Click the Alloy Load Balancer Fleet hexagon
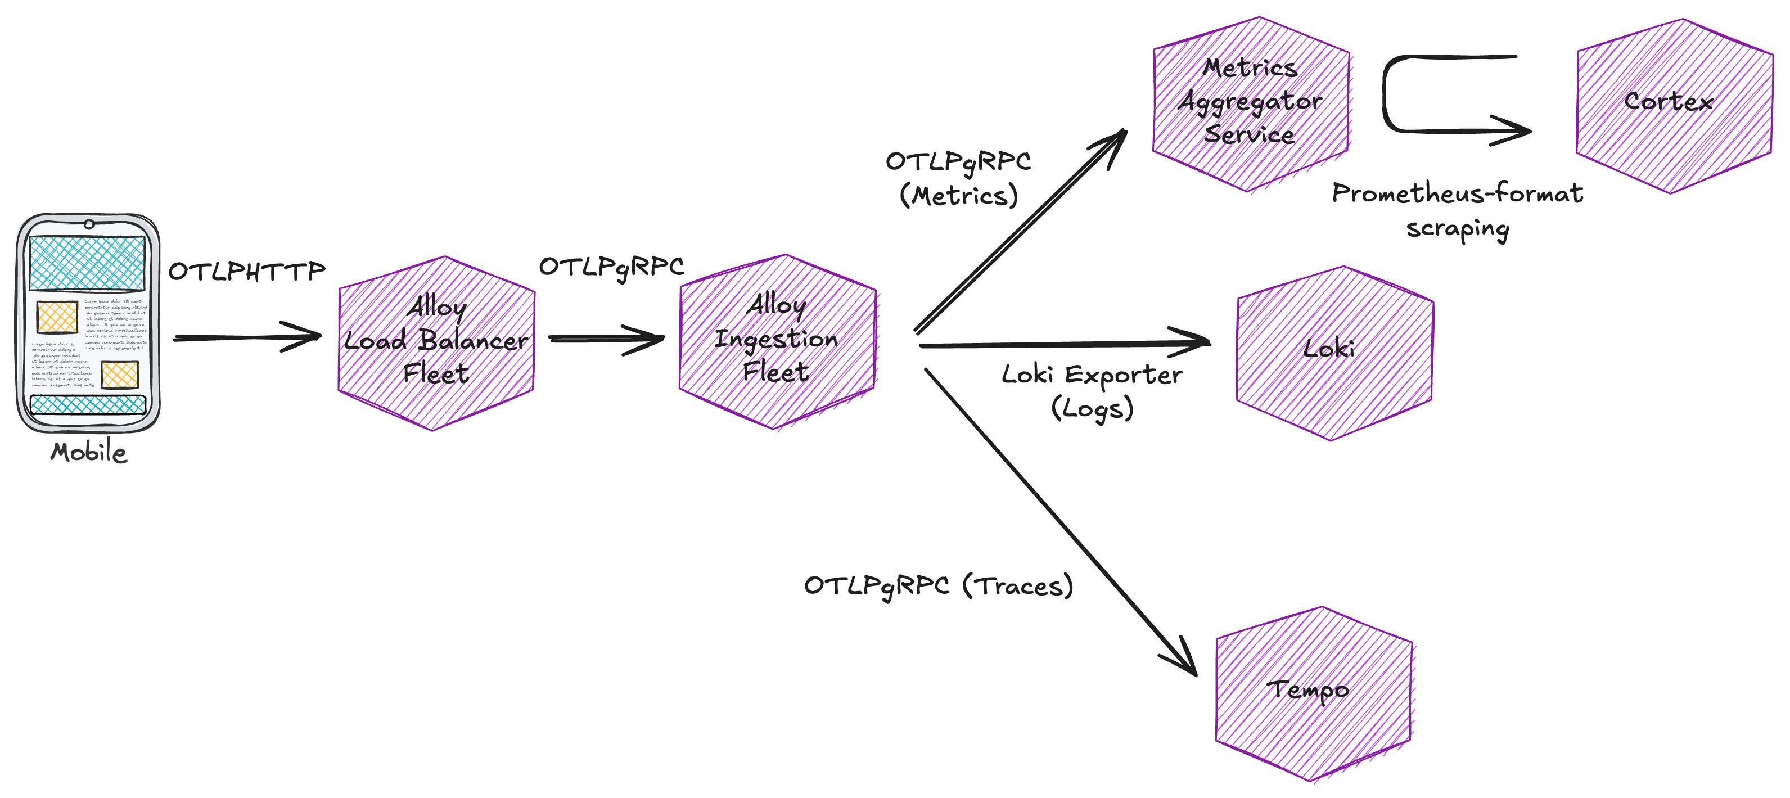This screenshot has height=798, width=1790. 436,344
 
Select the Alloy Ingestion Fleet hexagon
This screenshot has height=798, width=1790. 777,341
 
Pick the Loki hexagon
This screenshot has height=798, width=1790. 1334,353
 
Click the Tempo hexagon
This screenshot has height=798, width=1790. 1313,693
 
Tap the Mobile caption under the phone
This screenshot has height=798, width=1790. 88,453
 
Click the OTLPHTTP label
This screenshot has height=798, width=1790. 247,271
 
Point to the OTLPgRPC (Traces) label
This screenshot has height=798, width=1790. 938,586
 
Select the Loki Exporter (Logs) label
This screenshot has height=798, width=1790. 1092,391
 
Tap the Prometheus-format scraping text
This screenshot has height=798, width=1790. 1457,210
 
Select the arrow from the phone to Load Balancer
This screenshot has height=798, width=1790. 247,338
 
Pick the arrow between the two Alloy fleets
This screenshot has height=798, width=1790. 606,339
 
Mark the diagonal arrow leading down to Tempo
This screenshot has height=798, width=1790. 1056,521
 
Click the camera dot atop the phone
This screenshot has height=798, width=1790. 89,224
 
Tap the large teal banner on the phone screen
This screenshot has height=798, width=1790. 87,263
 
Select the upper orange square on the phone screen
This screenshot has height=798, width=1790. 57,317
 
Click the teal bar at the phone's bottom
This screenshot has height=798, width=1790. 88,404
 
